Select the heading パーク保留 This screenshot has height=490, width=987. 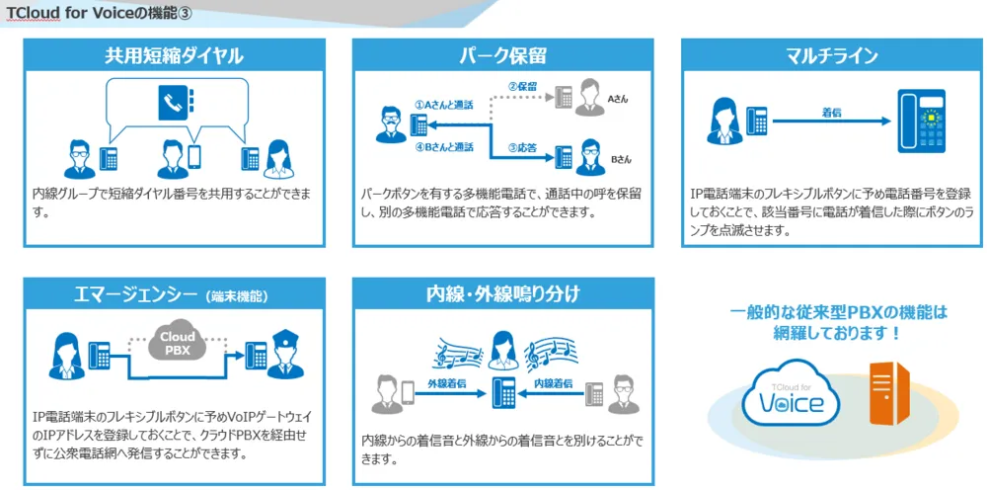point(501,55)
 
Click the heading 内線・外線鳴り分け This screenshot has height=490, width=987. point(501,293)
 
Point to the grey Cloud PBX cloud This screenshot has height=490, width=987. point(178,341)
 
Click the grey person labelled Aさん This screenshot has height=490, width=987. point(593,93)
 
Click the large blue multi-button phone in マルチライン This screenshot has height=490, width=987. point(921,121)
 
